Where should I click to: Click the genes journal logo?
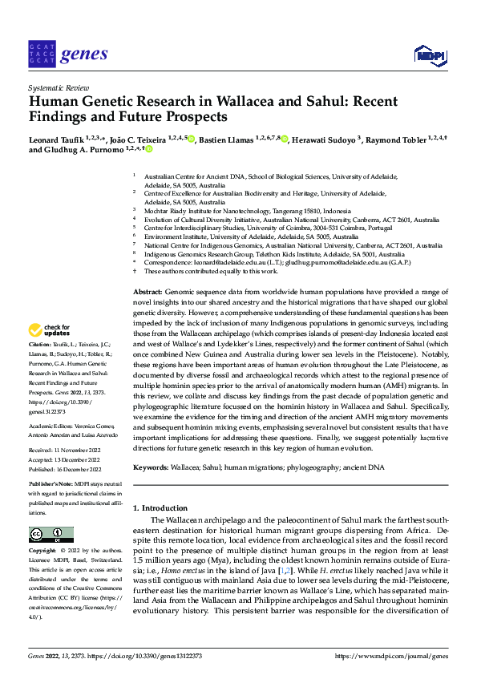[x=67, y=55]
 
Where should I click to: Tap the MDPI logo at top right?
[x=429, y=55]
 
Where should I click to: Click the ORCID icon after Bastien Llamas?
[x=285, y=138]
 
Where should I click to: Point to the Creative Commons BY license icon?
[x=51, y=535]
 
